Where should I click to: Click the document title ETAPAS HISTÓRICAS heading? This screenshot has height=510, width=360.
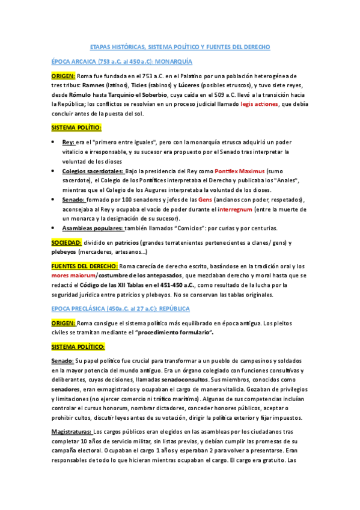(180, 46)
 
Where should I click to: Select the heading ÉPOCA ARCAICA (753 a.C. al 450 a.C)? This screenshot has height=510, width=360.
(121, 62)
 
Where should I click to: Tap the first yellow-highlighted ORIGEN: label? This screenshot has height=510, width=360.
(63, 76)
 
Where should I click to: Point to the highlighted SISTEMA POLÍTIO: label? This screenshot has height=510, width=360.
(76, 127)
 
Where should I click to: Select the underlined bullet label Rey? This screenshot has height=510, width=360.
(69, 142)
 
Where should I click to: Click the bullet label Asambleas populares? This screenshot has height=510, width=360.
(93, 228)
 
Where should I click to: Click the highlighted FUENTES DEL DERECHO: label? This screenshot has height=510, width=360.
(84, 266)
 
